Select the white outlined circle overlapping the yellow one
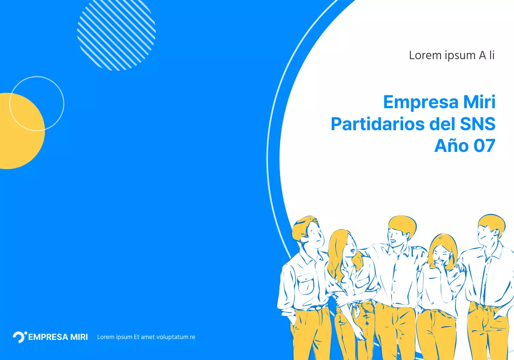pyautogui.click(x=37, y=104)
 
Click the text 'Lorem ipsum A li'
pyautogui.click(x=452, y=55)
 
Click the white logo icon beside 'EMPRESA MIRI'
pyautogui.click(x=19, y=337)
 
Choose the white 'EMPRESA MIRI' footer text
pyautogui.click(x=58, y=337)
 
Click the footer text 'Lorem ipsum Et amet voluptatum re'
pyautogui.click(x=146, y=337)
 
